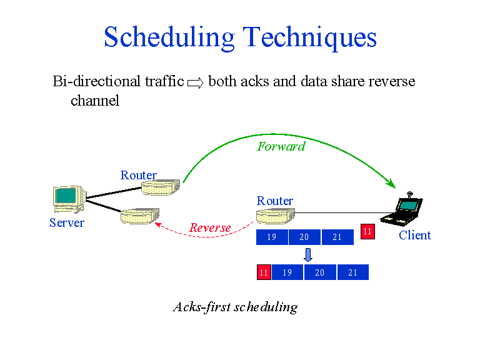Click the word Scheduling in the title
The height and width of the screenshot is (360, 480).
(x=168, y=37)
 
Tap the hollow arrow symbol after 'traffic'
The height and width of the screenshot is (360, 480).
(x=196, y=82)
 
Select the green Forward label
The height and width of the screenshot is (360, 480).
(x=281, y=146)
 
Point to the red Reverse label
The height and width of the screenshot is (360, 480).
(x=210, y=228)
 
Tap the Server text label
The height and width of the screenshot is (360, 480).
(x=67, y=223)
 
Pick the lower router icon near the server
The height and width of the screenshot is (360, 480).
(x=139, y=217)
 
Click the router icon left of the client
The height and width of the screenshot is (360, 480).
(x=275, y=217)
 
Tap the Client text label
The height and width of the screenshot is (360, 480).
(x=414, y=236)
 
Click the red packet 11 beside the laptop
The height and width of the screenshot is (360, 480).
(x=367, y=231)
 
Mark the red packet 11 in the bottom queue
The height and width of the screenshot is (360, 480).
(x=264, y=272)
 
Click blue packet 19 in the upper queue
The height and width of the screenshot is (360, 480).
(x=272, y=237)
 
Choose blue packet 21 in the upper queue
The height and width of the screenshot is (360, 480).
(x=337, y=237)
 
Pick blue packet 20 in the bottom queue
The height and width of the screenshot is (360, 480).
(x=320, y=272)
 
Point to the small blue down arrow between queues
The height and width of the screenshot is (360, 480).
(x=307, y=254)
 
